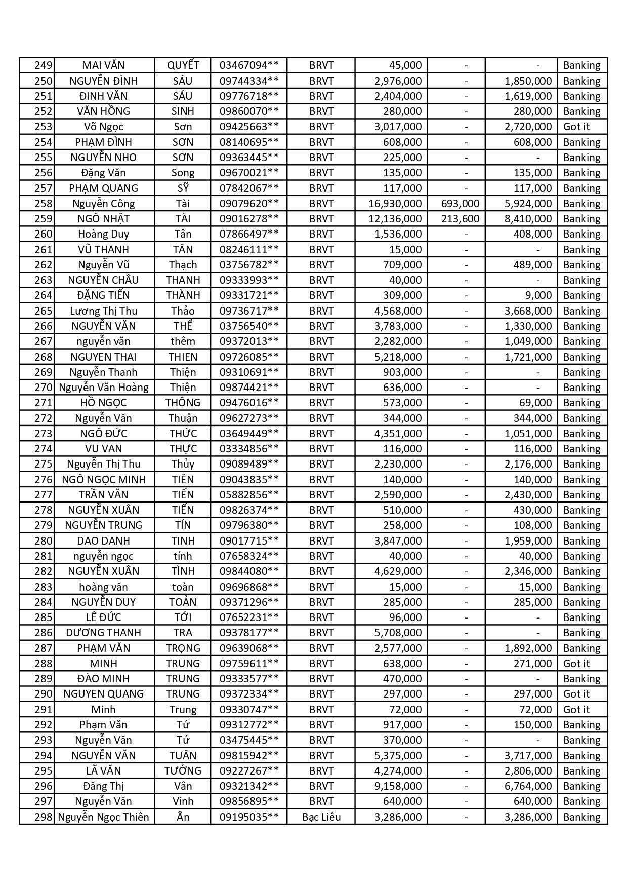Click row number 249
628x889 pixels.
coord(43,65)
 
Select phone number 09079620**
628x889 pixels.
coord(248,204)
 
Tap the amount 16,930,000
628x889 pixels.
coord(395,204)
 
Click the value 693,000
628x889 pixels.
coord(460,204)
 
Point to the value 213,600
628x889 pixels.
coord(460,219)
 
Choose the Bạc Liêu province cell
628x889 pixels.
coord(321,817)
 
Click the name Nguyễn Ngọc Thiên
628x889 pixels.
coord(103,817)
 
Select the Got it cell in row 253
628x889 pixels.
coord(576,127)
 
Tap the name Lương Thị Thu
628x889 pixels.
coord(103,311)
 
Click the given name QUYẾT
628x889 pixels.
coord(183,65)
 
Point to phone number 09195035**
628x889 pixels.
coord(248,817)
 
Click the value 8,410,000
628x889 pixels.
coord(528,219)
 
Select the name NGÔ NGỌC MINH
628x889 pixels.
coord(103,480)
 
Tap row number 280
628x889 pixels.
coord(43,541)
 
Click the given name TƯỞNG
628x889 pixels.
coord(183,771)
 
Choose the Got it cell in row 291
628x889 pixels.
coord(576,710)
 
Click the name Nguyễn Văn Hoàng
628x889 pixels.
coord(103,388)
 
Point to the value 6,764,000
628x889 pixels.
coord(528,786)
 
